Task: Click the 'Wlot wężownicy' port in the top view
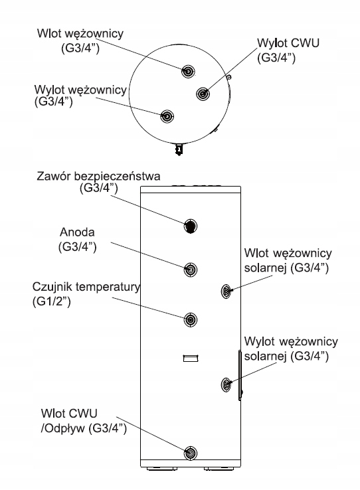(188, 72)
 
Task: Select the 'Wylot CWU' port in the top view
(203, 94)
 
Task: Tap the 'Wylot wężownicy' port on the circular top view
(167, 116)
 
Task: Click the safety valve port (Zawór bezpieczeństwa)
(191, 226)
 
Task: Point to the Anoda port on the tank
(191, 270)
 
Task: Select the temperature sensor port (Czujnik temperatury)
(191, 319)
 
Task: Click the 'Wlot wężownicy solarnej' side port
(226, 291)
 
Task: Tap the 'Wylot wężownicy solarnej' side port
(226, 384)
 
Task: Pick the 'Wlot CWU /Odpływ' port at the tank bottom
(191, 453)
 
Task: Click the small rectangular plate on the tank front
(191, 358)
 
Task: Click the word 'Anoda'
(77, 232)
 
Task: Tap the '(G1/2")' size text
(52, 301)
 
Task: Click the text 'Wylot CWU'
(288, 43)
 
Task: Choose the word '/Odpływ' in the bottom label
(63, 428)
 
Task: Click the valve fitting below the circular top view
(179, 149)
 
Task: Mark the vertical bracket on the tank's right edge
(240, 375)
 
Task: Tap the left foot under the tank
(162, 469)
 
